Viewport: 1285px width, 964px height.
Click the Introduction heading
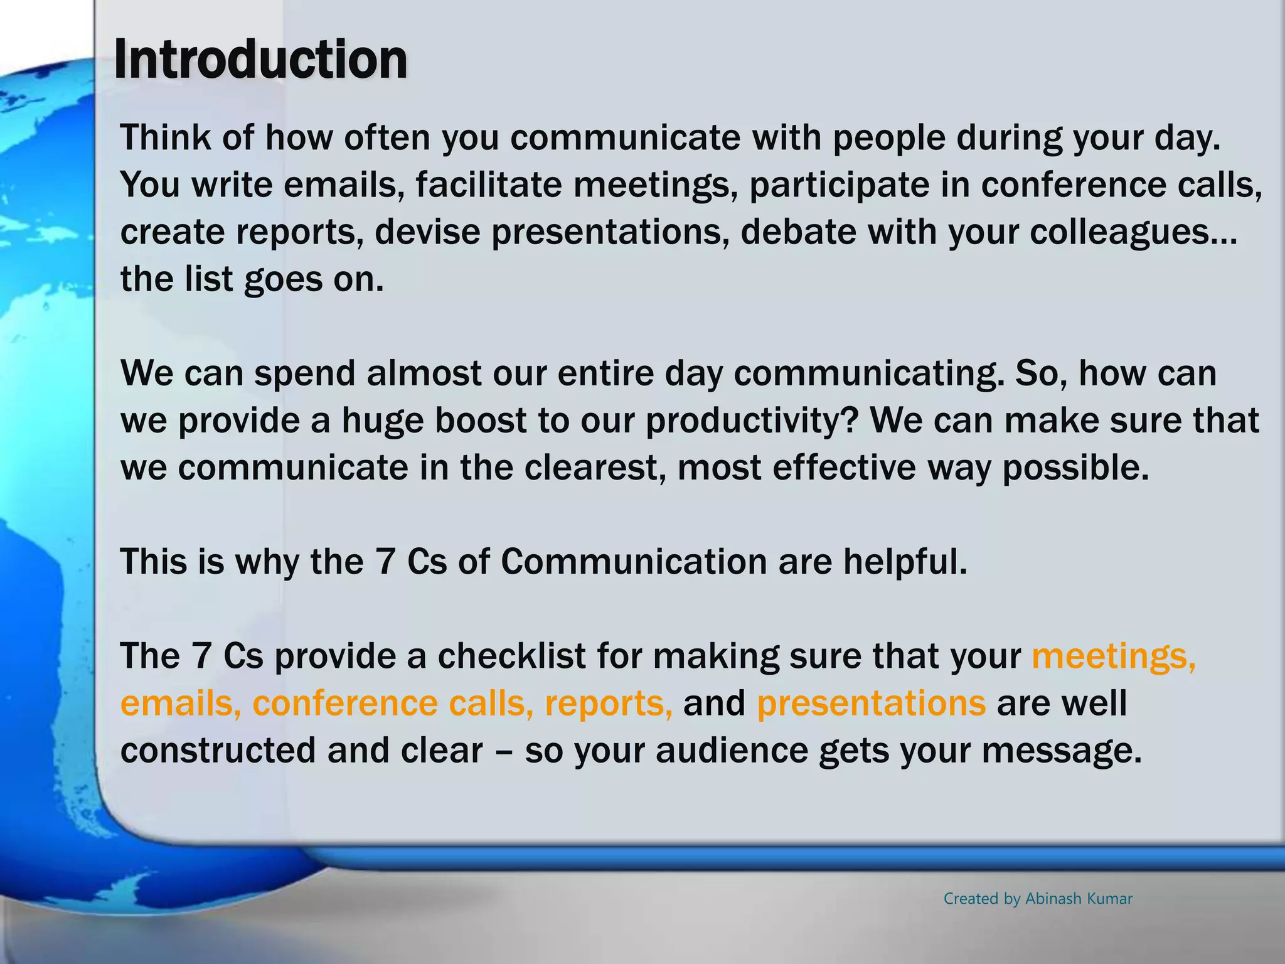(260, 60)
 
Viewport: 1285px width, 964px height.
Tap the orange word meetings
(1113, 656)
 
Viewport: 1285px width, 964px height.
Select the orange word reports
(608, 704)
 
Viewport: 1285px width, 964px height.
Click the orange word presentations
(871, 704)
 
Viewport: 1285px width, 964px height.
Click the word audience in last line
(732, 751)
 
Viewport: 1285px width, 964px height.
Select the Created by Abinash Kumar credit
(1038, 899)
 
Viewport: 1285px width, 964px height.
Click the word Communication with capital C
(634, 562)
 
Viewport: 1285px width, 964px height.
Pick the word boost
(481, 420)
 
